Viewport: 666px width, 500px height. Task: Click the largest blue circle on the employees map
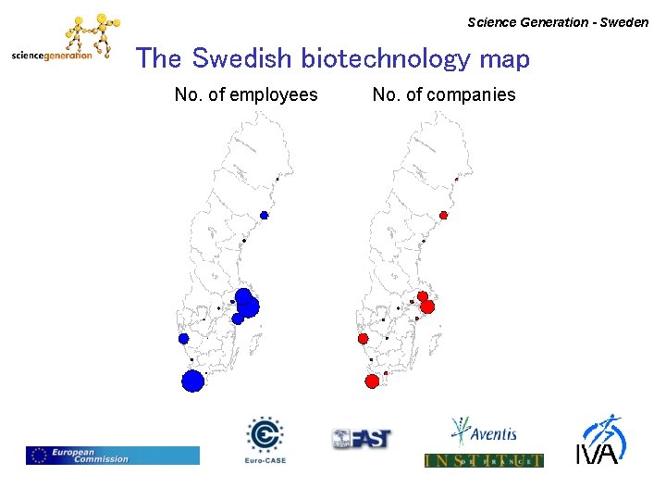[192, 381]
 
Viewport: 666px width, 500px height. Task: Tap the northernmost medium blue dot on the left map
[264, 215]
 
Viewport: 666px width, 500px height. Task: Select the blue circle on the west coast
[183, 338]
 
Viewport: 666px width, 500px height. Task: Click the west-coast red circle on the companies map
[363, 338]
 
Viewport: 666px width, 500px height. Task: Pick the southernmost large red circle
[372, 381]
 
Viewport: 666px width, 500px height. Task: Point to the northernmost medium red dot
[443, 215]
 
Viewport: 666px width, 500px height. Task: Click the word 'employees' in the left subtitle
[273, 94]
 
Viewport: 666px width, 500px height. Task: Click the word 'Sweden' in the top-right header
[624, 22]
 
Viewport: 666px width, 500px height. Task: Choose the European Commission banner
[112, 455]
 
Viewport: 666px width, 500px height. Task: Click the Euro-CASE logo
[265, 439]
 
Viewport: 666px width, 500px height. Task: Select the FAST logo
[362, 439]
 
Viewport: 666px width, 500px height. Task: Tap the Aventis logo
[483, 432]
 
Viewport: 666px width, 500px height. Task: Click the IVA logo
[601, 439]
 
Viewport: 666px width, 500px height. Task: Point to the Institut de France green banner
[484, 460]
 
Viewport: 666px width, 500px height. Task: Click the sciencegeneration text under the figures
[52, 56]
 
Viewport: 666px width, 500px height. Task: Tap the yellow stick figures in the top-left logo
[91, 32]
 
